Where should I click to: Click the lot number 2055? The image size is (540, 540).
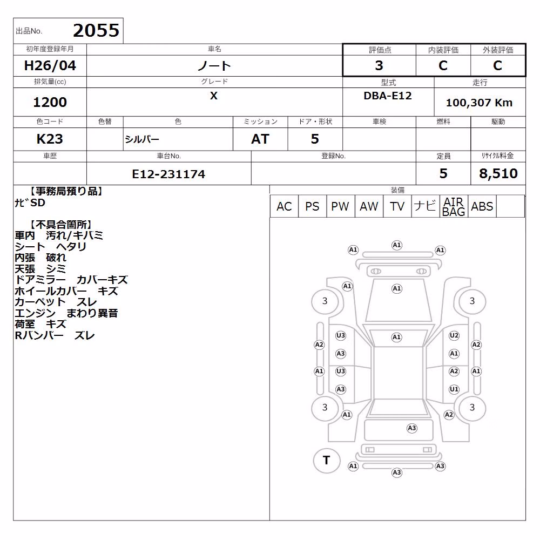(96, 30)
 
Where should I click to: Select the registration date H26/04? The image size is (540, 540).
(50, 65)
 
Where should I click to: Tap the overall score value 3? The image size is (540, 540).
(379, 65)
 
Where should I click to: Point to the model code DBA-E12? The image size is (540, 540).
(388, 96)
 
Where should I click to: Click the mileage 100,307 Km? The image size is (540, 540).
(479, 102)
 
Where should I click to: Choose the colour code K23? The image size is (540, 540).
(50, 139)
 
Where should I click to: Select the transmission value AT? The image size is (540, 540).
(260, 139)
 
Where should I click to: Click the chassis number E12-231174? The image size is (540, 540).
(168, 174)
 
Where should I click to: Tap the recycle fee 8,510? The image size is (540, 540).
(498, 173)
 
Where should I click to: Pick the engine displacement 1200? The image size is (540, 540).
(50, 102)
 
